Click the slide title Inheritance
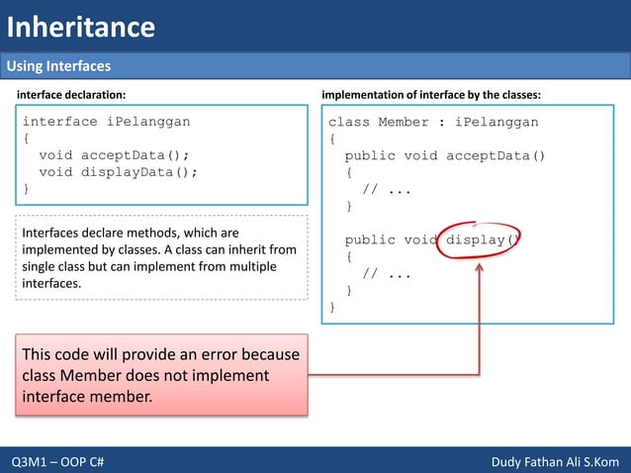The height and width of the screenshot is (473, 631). [81, 27]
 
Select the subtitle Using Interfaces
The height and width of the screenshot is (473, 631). [58, 66]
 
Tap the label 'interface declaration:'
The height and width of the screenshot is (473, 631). [69, 94]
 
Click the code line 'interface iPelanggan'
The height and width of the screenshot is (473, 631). [106, 122]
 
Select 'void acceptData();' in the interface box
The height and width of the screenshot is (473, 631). [114, 155]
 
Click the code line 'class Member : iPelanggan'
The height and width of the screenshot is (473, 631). [433, 122]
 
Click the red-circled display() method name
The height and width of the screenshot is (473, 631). [483, 239]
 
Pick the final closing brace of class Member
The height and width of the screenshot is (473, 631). [332, 307]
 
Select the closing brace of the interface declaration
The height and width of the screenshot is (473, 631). [27, 188]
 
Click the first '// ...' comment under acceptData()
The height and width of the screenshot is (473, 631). [387, 189]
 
